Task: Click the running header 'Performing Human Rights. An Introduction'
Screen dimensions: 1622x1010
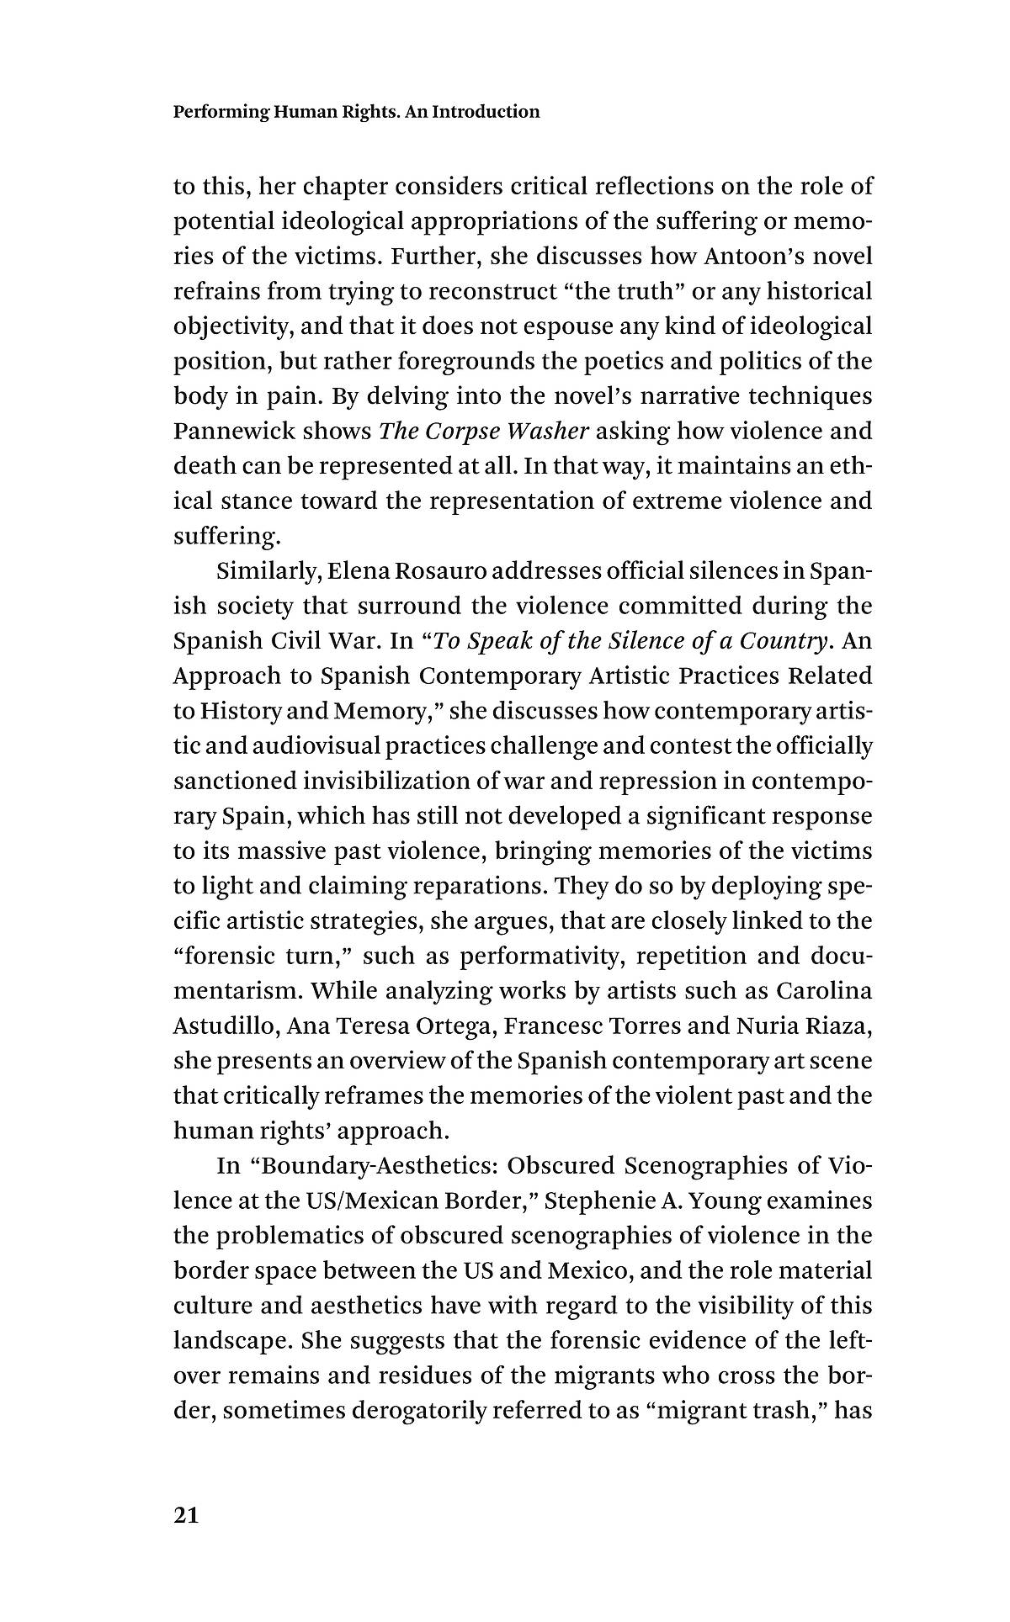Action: click(356, 112)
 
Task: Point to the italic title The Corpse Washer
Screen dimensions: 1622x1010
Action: click(483, 432)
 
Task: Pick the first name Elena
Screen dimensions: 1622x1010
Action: click(332, 571)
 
